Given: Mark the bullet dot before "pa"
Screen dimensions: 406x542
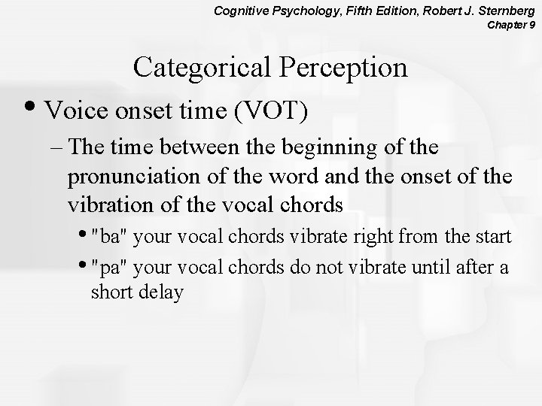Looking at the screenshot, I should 84,266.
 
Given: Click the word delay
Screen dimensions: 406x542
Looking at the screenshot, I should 160,293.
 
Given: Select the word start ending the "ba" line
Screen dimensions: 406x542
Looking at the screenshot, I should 493,238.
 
